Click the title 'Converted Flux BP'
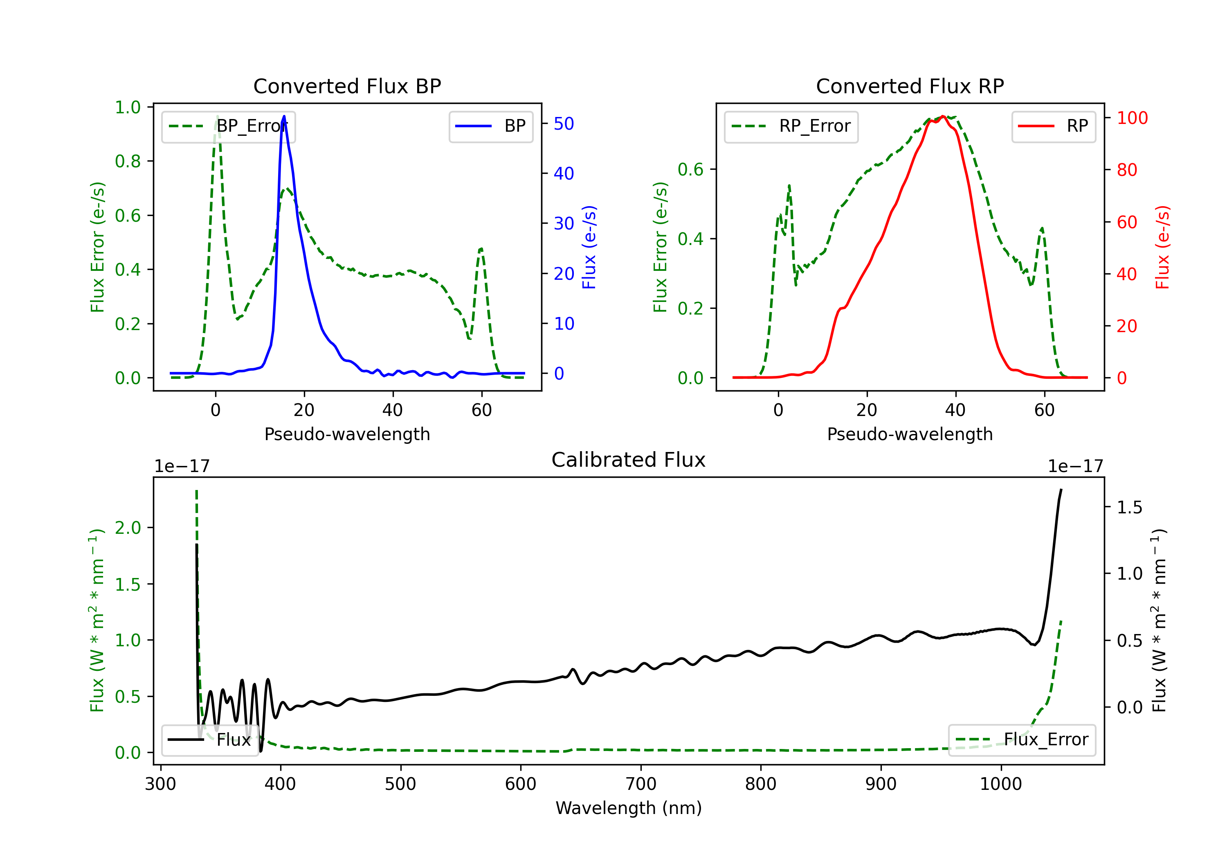coord(347,86)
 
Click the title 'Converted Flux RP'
coord(910,86)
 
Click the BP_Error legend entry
coord(228,126)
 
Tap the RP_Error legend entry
coord(791,126)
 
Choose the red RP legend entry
coord(1053,126)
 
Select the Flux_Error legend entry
coord(1021,740)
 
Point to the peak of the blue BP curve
coord(284,116)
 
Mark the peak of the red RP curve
coord(943,117)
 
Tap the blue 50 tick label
coord(563,124)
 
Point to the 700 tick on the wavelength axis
coord(641,784)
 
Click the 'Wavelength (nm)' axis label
coord(629,808)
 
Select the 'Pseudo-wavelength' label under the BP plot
coord(347,434)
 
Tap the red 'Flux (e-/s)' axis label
coord(1163,247)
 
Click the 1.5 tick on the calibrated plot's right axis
coord(1129,507)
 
